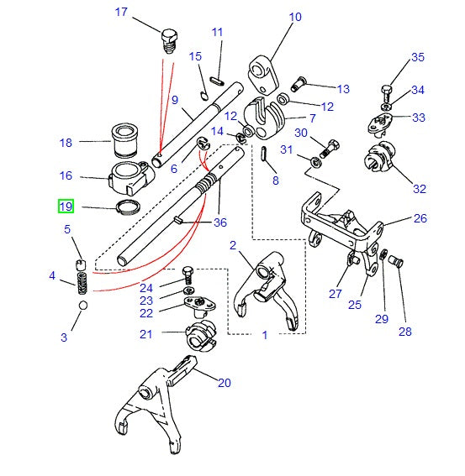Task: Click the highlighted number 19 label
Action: [x=65, y=206]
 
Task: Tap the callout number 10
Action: [x=294, y=16]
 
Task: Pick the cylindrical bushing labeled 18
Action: [x=124, y=140]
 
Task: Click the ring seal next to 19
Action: [x=123, y=207]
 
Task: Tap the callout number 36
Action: [x=220, y=222]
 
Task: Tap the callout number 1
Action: [x=264, y=335]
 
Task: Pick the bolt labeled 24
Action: [x=188, y=273]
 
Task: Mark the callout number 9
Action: [x=175, y=100]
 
